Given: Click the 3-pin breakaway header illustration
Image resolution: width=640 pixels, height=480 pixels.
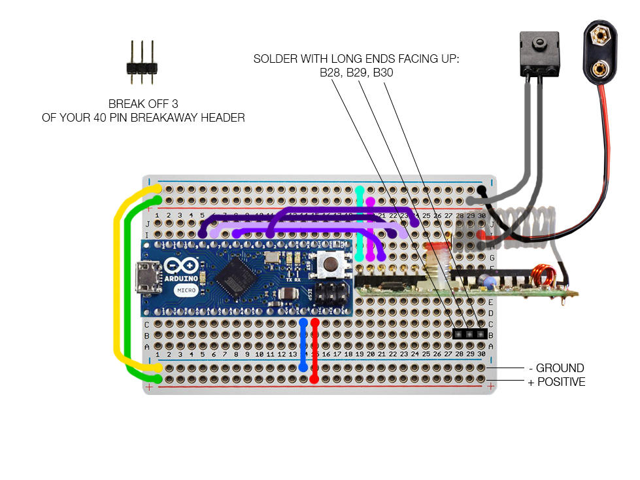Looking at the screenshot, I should tap(141, 63).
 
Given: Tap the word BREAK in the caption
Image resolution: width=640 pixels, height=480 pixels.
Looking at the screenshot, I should tap(124, 104).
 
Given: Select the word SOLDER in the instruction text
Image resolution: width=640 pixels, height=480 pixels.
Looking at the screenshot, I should tap(273, 60).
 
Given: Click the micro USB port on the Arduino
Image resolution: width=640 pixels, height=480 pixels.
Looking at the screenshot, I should tap(143, 279).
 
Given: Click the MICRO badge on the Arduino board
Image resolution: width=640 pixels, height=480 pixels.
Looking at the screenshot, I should tap(180, 290).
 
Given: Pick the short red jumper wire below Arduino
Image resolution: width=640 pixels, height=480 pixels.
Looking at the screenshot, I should tap(314, 350).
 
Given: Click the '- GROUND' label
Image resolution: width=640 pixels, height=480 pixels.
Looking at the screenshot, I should tap(555, 368).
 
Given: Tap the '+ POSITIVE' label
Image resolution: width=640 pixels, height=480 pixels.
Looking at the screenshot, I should tap(556, 382).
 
